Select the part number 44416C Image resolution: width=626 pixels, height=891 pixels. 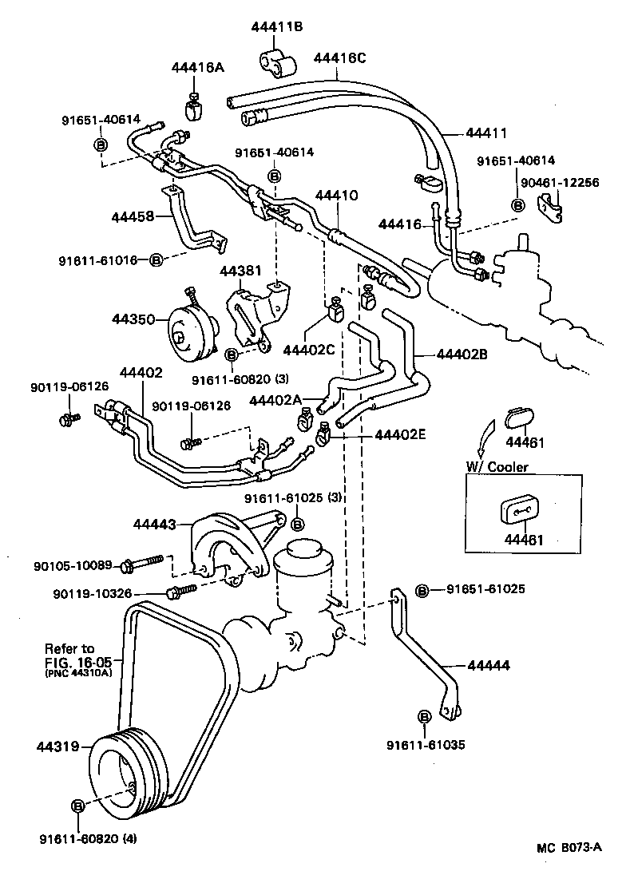[x=339, y=57]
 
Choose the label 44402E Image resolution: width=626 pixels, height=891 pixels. [x=401, y=435]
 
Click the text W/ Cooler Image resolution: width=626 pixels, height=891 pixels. [x=497, y=467]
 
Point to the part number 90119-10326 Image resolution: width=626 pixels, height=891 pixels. [x=92, y=593]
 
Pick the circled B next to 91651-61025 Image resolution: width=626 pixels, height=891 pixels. [x=423, y=590]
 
